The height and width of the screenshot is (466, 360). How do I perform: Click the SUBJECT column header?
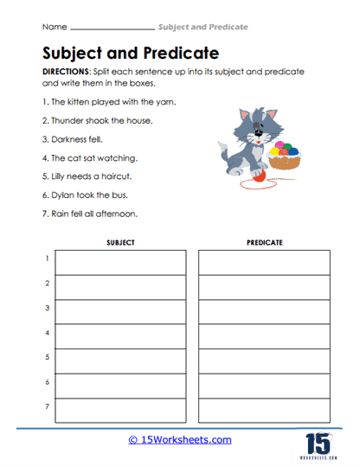tap(120, 243)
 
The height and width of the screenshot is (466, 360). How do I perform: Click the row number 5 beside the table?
tap(46, 356)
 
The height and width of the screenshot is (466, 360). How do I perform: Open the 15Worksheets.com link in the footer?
tap(180, 439)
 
